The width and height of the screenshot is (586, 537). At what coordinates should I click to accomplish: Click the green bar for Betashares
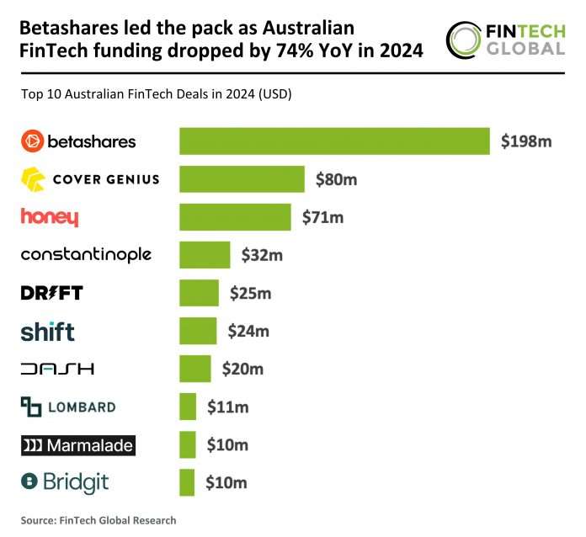tap(334, 141)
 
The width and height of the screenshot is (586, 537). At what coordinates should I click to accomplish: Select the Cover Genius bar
tap(242, 179)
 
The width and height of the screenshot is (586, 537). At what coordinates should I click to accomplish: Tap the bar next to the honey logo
tap(235, 217)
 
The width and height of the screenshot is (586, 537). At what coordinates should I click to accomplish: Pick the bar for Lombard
tap(188, 407)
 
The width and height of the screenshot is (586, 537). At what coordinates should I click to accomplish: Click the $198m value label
tap(525, 141)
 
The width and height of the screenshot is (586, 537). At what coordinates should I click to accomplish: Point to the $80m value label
tap(336, 179)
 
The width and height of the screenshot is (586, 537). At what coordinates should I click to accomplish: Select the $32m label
tap(262, 254)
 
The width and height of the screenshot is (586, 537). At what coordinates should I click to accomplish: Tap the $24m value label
tap(248, 331)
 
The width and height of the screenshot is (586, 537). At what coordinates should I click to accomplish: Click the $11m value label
tap(227, 407)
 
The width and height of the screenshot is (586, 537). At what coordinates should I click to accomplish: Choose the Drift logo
tap(51, 293)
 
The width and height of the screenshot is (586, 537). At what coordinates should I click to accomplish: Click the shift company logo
tap(47, 330)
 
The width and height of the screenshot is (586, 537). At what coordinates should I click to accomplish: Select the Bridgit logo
tap(65, 482)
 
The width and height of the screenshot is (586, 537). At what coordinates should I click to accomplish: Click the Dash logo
tap(56, 369)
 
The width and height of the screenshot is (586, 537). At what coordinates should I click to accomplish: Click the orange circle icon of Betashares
tap(31, 141)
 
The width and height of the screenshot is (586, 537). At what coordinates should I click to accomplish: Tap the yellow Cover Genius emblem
tap(33, 179)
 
